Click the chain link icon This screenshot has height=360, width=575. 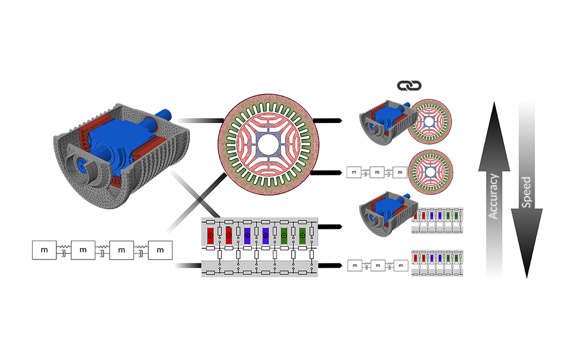point(409,86)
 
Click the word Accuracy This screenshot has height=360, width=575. point(494,197)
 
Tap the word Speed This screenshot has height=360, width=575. point(526,192)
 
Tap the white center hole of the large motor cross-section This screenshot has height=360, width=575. point(268,144)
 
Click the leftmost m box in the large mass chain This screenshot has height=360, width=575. point(44,250)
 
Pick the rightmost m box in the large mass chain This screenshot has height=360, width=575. point(160,250)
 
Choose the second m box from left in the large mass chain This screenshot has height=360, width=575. point(83,250)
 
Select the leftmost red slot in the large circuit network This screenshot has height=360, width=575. point(210,236)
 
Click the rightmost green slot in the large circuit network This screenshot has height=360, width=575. point(302,236)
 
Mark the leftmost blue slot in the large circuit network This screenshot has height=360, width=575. point(247,236)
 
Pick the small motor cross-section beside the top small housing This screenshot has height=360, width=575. point(430,121)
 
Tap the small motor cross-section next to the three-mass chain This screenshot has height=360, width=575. point(430,172)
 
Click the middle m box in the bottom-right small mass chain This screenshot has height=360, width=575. point(378,265)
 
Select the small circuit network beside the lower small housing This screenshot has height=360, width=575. point(437,221)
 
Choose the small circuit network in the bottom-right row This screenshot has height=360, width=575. point(437,263)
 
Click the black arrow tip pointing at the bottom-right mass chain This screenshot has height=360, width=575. point(341,265)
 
